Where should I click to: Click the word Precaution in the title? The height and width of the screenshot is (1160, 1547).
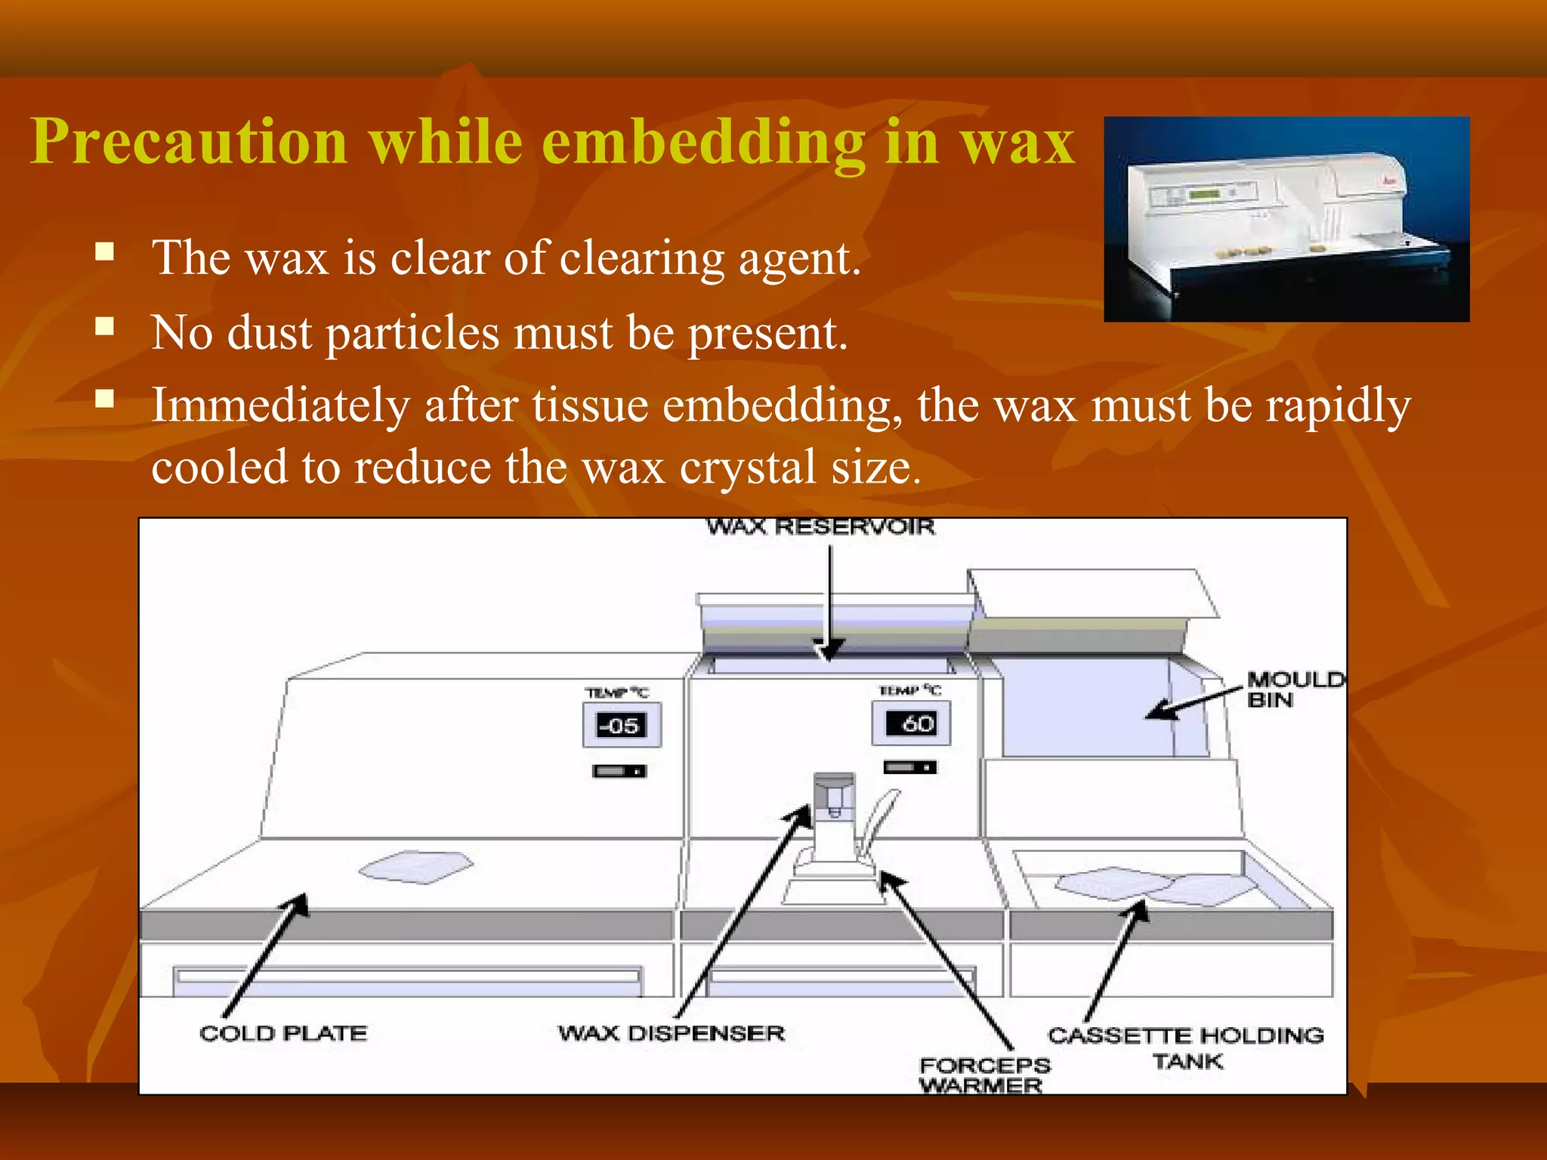tap(189, 142)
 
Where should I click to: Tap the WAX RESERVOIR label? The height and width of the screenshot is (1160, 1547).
tap(820, 526)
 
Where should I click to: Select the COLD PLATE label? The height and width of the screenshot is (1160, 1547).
tap(283, 1033)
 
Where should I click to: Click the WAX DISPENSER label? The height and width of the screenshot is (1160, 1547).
tap(672, 1033)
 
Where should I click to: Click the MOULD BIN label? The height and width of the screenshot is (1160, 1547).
tap(1292, 690)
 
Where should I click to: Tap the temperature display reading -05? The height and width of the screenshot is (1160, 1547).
tap(621, 726)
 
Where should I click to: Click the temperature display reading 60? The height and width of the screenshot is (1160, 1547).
tap(911, 723)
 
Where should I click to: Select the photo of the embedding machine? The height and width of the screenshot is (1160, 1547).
tap(1286, 219)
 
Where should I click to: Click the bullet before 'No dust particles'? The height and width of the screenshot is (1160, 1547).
tap(105, 326)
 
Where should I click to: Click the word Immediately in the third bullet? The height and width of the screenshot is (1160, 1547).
tap(280, 406)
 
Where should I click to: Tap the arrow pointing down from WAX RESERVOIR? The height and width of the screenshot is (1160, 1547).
tap(829, 604)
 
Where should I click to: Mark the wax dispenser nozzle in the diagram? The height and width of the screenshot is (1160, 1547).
tap(834, 801)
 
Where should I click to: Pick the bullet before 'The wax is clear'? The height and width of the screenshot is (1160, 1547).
tap(105, 251)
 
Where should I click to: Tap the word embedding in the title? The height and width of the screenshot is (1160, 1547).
tap(703, 142)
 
